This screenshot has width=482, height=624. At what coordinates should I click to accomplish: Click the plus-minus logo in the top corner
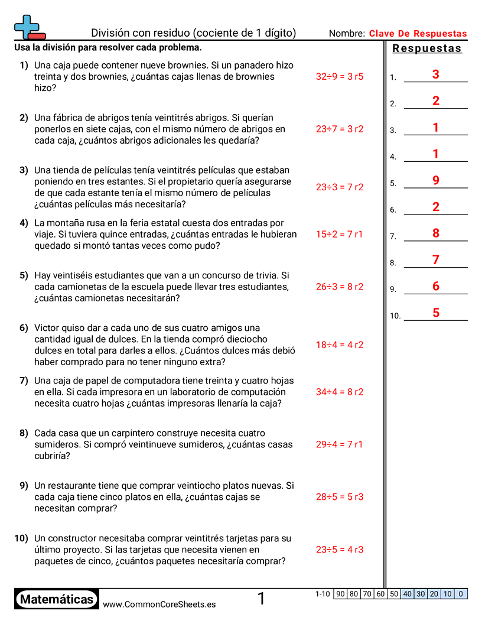(x=29, y=27)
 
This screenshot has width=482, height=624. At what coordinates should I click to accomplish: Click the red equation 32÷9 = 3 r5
(x=339, y=77)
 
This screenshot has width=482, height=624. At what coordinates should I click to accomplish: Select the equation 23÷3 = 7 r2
(x=339, y=187)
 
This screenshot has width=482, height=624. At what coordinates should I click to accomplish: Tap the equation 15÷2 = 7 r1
(x=339, y=235)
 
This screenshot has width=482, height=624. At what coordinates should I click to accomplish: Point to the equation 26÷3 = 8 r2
(x=339, y=287)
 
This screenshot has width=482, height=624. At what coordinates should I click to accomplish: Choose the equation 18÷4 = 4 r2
(x=339, y=345)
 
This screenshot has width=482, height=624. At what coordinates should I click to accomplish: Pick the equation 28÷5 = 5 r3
(x=339, y=497)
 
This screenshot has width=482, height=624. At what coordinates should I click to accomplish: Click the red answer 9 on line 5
(x=436, y=181)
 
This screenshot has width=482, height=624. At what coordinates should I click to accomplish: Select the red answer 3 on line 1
(x=436, y=74)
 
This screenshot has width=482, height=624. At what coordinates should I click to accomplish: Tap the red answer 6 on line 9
(x=436, y=287)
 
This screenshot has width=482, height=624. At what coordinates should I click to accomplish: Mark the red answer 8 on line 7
(x=436, y=233)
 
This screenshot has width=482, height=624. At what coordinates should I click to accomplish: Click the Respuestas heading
(x=427, y=48)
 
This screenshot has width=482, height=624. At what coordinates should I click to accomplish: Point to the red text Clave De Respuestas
(x=418, y=34)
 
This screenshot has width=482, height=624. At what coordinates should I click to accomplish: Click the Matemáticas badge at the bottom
(x=57, y=600)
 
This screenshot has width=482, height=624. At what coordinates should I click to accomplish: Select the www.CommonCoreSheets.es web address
(x=159, y=604)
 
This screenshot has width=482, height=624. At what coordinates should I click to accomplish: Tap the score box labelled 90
(x=340, y=594)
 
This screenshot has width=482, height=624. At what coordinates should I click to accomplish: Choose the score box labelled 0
(x=461, y=594)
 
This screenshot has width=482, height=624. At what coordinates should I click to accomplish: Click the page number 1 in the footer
(x=261, y=599)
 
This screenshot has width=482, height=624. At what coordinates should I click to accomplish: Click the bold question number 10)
(x=21, y=538)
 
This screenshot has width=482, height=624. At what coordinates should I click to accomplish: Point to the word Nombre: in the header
(x=347, y=34)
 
